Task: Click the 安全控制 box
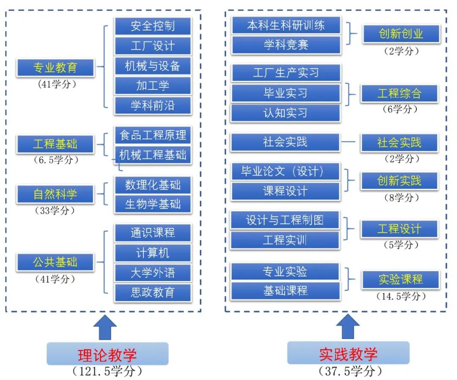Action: tap(152, 26)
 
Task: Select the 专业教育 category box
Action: tap(55, 67)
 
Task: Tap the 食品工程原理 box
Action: tap(152, 136)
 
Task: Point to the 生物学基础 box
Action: tap(152, 204)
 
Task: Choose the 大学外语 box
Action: tap(152, 272)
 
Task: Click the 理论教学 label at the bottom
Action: tap(107, 354)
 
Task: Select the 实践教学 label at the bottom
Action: tap(348, 353)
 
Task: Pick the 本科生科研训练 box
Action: tap(286, 25)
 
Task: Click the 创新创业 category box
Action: tap(401, 34)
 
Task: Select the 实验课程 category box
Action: tap(400, 280)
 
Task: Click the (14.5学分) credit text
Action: tap(400, 296)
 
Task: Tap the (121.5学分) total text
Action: tap(107, 372)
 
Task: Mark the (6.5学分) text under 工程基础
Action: tap(55, 161)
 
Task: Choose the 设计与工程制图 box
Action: tap(285, 220)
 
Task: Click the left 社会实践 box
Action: tap(285, 142)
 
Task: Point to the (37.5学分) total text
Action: tap(348, 371)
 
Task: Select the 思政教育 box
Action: tap(152, 292)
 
